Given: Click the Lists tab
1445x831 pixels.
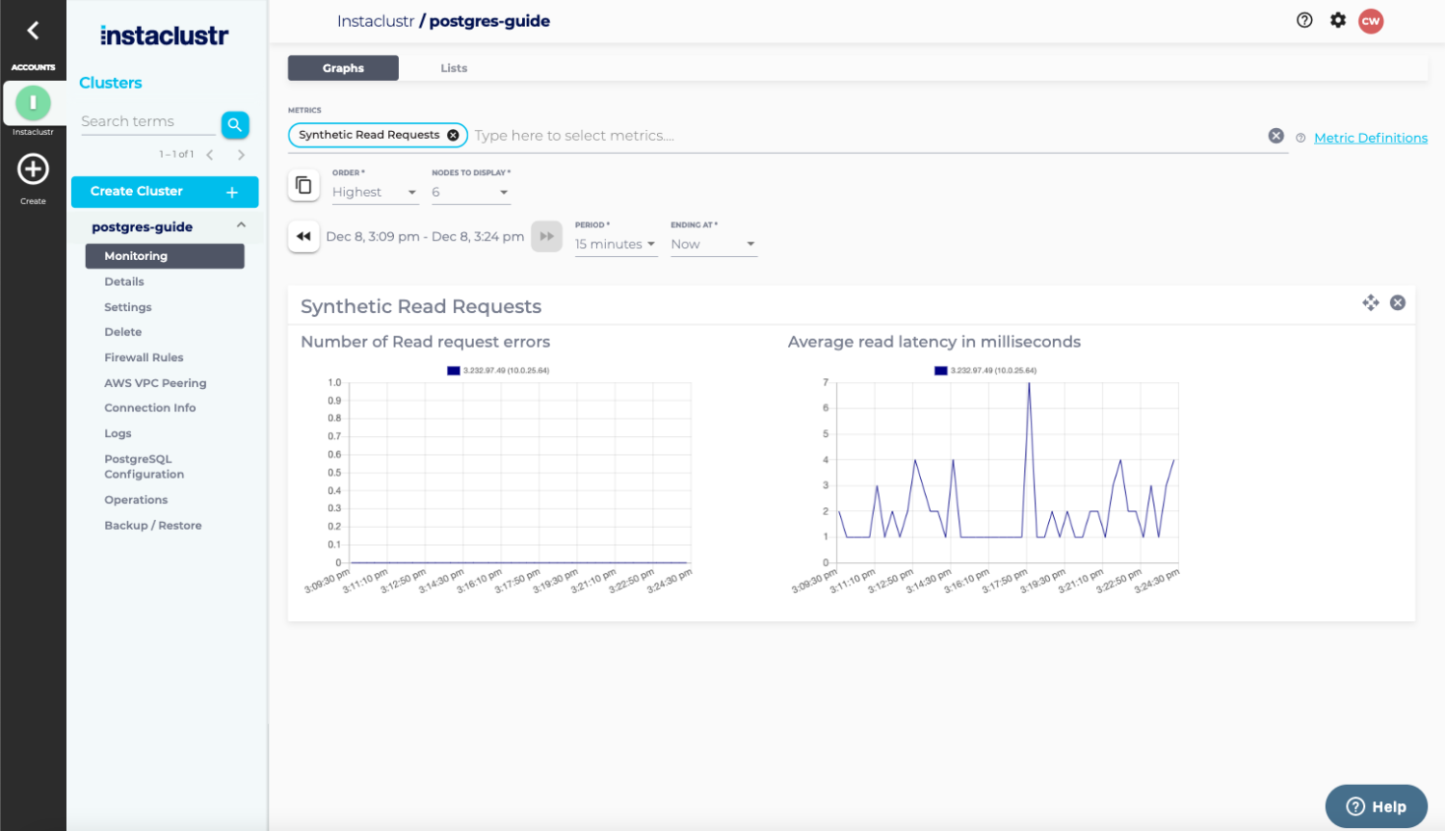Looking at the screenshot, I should tap(454, 68).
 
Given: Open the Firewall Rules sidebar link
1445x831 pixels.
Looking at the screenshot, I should tap(144, 357).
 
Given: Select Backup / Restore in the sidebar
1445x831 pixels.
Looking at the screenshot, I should tap(152, 526).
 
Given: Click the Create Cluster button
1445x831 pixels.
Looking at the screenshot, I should tap(165, 192).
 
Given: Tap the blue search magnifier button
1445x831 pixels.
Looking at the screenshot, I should tap(235, 124).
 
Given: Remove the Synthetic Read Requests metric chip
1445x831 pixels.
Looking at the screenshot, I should tap(453, 136).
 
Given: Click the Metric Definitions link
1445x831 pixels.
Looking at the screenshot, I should tap(1370, 138).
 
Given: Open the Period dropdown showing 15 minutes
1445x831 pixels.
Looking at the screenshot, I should tap(615, 245).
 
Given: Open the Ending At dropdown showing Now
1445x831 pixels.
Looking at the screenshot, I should tap(713, 245).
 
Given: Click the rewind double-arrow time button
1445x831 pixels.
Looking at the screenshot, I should tap(303, 236).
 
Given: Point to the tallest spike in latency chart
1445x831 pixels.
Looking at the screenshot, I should tap(1029, 385).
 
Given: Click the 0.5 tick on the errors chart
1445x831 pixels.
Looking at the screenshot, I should tap(334, 473).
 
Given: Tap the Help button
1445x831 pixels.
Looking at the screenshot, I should tap(1376, 807).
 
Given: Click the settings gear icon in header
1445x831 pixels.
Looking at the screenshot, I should tap(1338, 20).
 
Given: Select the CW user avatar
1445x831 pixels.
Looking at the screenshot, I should tap(1371, 21).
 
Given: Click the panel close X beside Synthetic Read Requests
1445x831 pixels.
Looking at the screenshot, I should tap(1398, 303).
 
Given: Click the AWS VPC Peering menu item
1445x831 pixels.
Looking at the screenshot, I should tap(155, 383).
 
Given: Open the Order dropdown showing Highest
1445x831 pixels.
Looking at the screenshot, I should tap(375, 193).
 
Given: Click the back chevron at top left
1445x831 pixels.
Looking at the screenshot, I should tap(33, 30).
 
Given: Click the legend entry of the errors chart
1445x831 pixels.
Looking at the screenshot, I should tap(498, 371).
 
